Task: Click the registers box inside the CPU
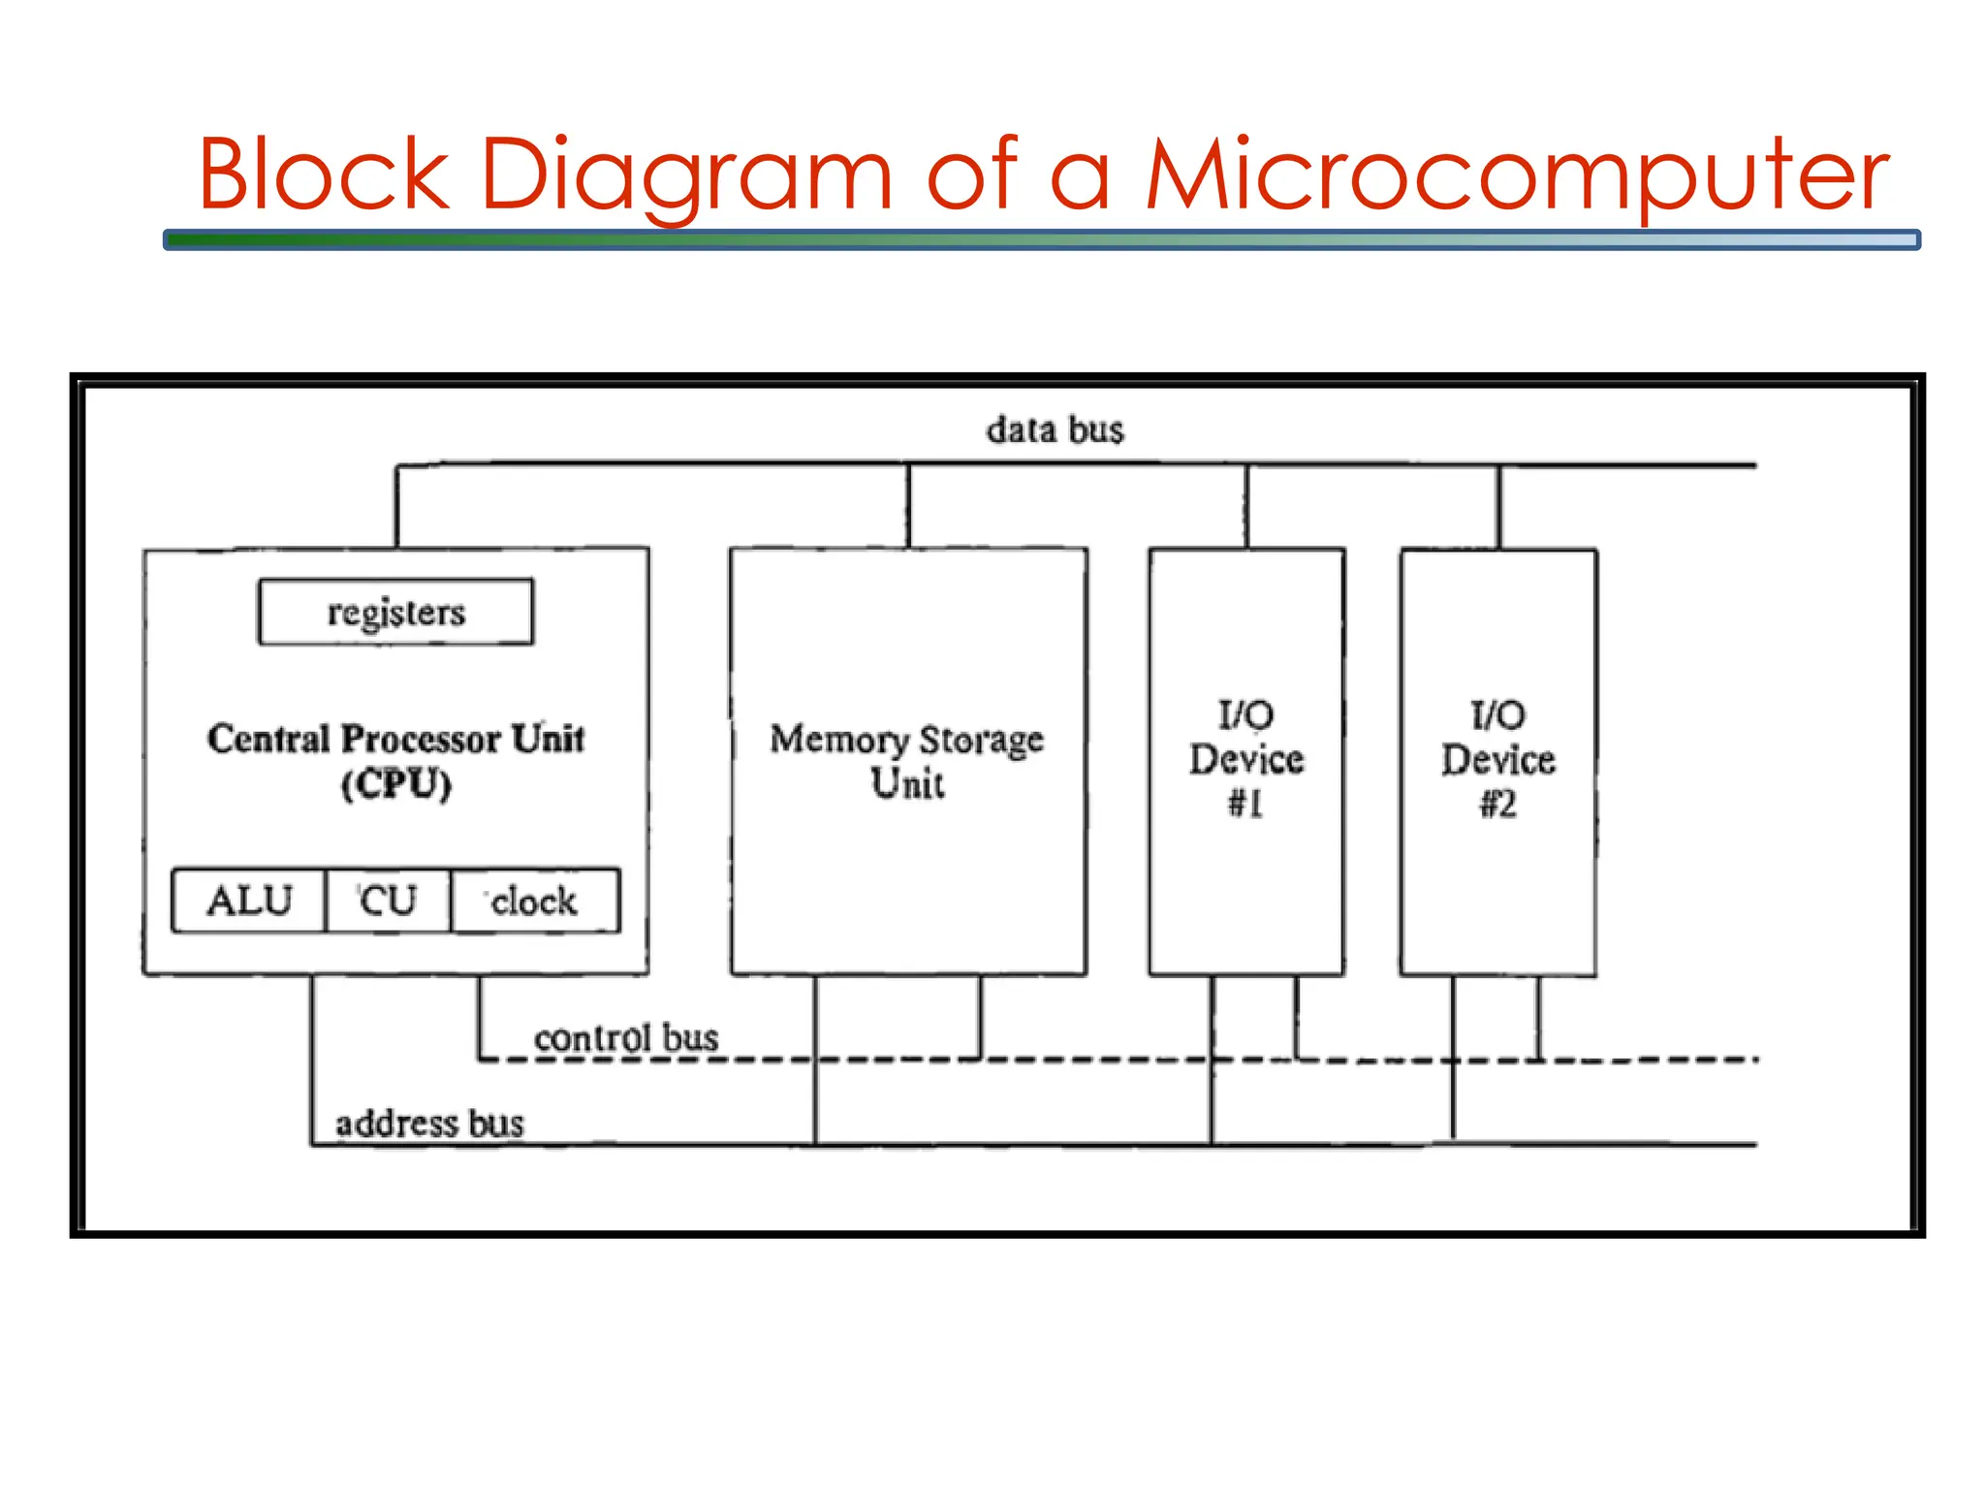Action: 395,612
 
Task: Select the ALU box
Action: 249,901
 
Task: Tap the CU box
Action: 388,901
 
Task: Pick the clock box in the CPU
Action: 534,901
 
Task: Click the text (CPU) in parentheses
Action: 396,783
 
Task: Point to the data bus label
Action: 1055,429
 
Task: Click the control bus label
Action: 626,1037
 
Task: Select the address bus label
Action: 429,1124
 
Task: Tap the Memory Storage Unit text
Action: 907,760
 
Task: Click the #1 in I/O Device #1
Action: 1245,804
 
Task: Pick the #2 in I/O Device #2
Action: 1498,804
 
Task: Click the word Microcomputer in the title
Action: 1517,174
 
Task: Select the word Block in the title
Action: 324,174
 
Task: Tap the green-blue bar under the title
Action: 1041,239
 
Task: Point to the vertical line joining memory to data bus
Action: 908,506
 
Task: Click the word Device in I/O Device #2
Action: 1498,760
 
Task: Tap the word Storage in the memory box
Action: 981,740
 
